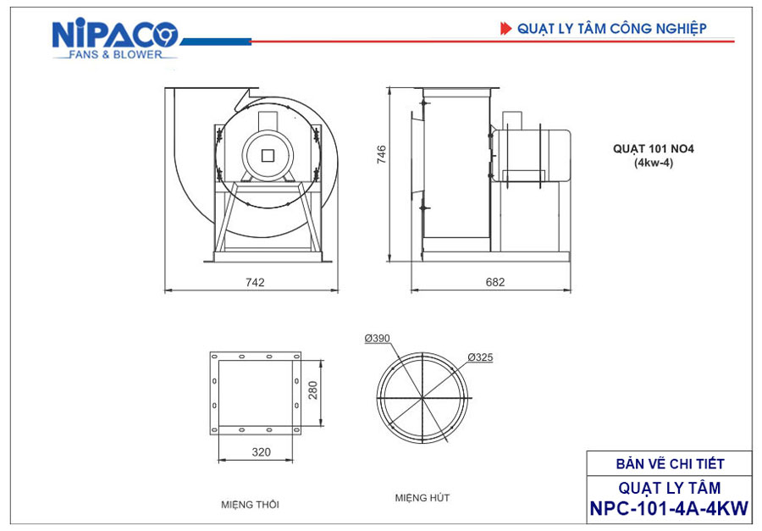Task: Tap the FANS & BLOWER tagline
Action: [x=115, y=54]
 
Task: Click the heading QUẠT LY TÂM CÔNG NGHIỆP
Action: [x=612, y=29]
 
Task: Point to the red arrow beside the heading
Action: [x=506, y=29]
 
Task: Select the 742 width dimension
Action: [x=255, y=282]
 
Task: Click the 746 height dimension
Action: [x=382, y=154]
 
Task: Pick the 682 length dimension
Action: [x=495, y=282]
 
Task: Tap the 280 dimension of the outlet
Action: [x=312, y=390]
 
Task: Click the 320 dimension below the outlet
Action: [x=261, y=451]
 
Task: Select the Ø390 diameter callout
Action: [x=377, y=338]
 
